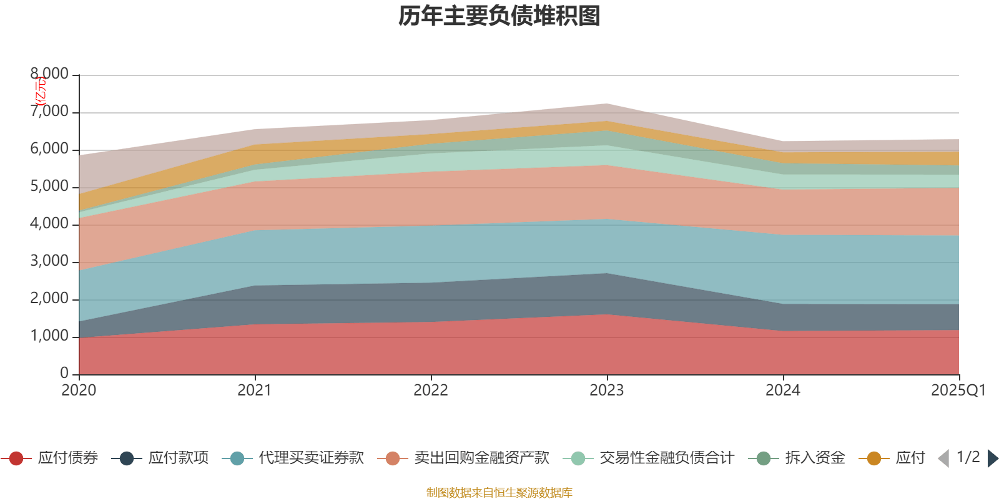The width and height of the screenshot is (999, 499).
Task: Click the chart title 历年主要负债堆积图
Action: point(499,16)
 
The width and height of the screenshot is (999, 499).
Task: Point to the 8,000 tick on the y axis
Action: point(50,74)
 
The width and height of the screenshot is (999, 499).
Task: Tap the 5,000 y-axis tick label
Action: point(50,187)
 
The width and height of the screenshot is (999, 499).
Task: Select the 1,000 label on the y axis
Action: point(50,336)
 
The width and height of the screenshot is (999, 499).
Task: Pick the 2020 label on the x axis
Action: point(79,390)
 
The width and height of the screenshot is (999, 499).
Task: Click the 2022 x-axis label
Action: point(431,390)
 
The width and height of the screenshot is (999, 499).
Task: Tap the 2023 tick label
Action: point(607,390)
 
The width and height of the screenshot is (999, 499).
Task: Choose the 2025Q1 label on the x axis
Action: point(958,390)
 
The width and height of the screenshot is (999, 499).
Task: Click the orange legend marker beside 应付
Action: point(874,459)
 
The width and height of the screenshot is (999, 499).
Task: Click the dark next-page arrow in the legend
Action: point(992,458)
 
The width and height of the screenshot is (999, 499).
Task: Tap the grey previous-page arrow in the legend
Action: point(943,458)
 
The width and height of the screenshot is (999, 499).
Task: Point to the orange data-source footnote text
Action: point(499,493)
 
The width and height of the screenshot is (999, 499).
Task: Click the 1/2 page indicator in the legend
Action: point(968,457)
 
